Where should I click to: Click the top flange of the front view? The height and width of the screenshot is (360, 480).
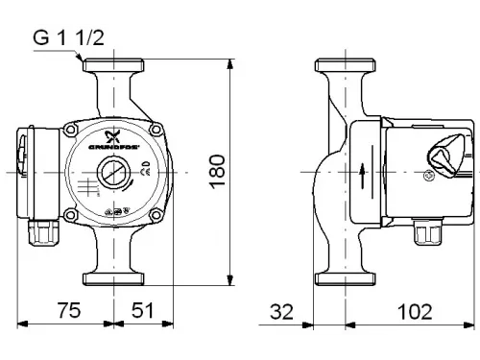[112, 69]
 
